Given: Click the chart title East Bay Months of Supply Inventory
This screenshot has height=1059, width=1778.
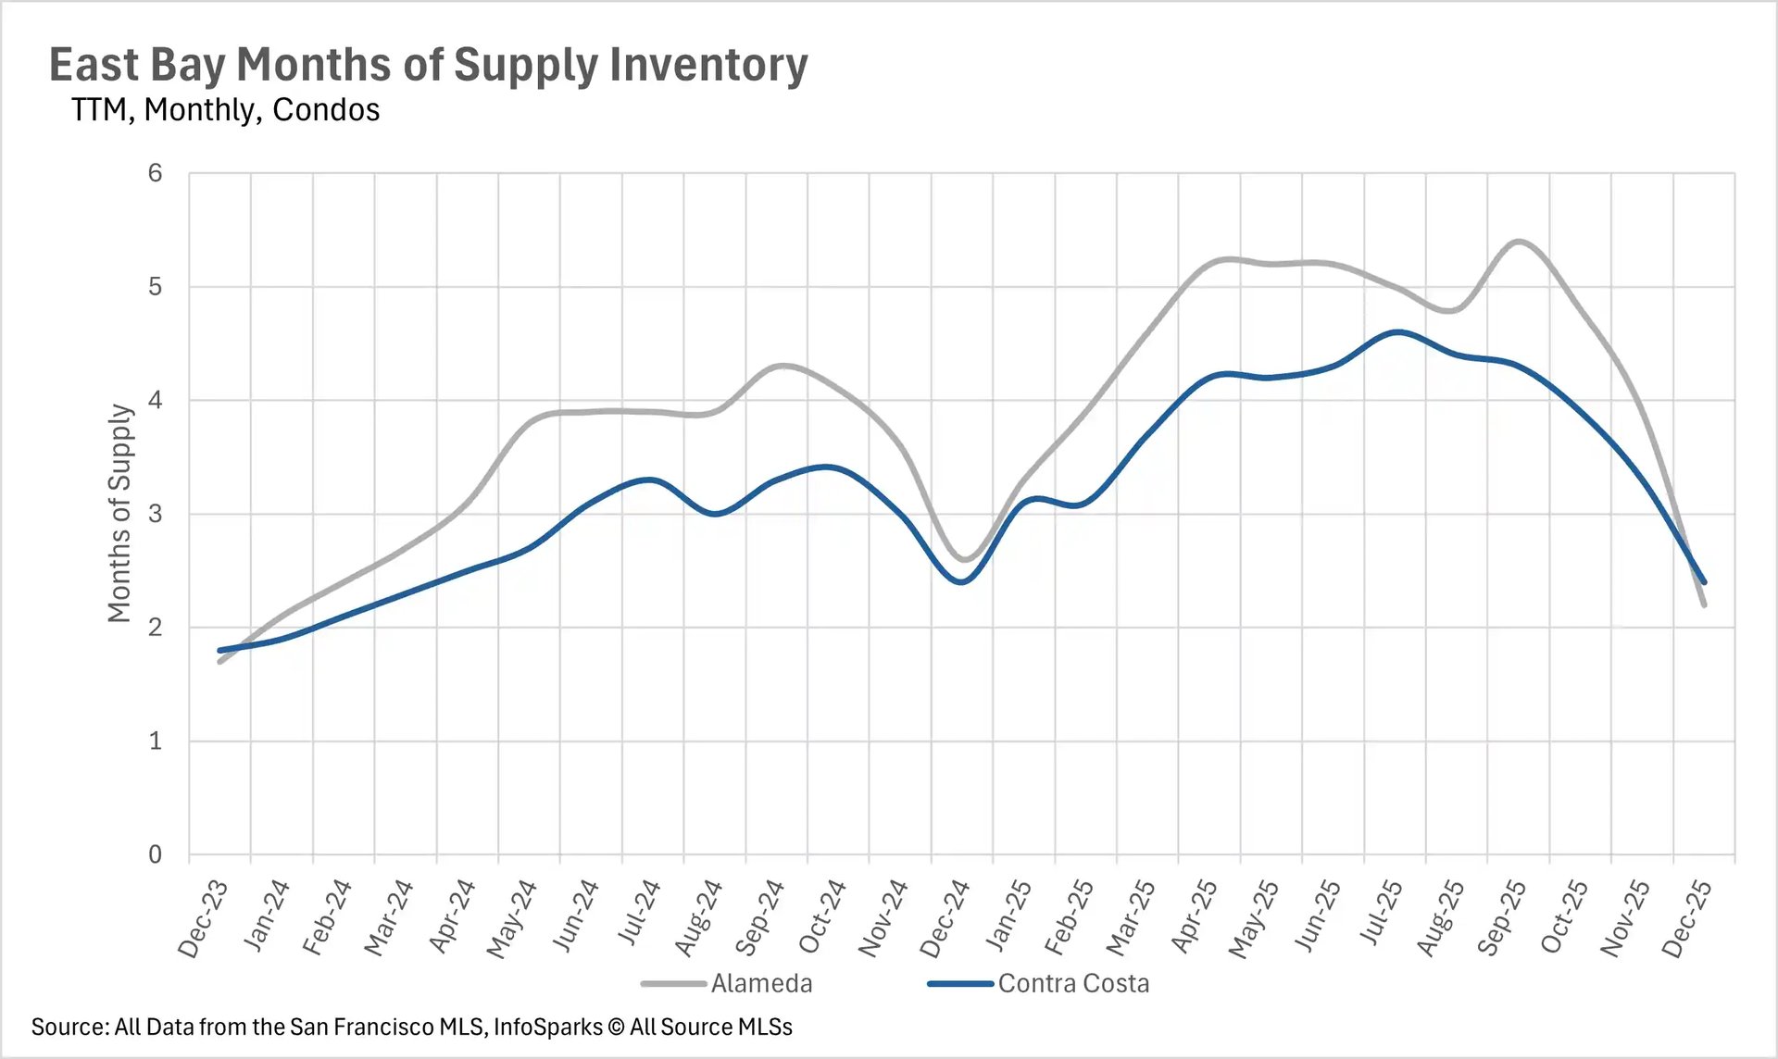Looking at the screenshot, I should point(428,65).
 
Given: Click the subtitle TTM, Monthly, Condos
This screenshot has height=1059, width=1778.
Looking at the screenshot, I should point(225,109).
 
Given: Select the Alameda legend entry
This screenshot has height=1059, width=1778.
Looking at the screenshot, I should point(761,983).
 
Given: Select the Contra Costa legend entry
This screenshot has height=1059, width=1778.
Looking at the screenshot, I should point(1072,983).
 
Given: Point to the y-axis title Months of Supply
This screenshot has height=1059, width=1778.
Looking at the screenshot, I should point(119,513).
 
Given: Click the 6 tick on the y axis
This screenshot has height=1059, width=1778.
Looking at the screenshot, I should point(156,173).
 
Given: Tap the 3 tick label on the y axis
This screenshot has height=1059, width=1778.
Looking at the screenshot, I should point(156,514).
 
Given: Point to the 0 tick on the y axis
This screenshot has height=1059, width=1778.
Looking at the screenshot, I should point(156,854).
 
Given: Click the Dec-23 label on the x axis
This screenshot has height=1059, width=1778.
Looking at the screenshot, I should point(203,918).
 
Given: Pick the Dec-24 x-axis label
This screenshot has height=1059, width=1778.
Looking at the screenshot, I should point(945,918).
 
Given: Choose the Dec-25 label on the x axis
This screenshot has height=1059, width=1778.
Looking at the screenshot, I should point(1686,918).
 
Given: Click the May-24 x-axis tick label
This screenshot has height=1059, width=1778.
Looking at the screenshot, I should point(511,918).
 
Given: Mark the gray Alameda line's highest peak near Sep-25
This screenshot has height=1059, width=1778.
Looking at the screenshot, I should point(1519,241).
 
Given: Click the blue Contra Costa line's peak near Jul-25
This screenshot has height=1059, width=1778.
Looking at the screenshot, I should point(1396,331).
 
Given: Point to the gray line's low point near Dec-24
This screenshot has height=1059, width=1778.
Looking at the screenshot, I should point(964,560).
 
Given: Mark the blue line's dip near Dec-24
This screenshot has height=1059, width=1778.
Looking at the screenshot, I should point(962,582).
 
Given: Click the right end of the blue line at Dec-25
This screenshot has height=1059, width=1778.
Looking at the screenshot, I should point(1704,582).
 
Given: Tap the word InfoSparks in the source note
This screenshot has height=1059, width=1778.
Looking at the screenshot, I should point(547,1027).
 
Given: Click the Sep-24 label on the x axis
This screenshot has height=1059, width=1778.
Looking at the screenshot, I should point(759,918).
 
